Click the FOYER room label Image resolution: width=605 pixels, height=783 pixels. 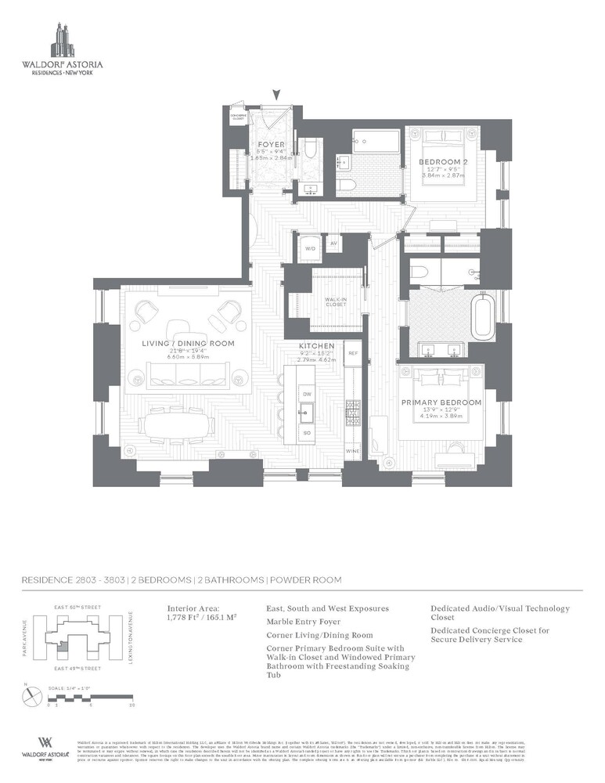point(272,145)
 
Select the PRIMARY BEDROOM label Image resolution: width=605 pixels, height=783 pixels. point(442,402)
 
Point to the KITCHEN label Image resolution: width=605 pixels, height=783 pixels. point(316,345)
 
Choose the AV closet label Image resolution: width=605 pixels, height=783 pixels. point(333,244)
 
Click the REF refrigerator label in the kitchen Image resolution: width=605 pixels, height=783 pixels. point(352,354)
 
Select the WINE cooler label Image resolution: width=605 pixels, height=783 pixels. point(352,452)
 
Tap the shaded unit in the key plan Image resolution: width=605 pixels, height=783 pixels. point(59,647)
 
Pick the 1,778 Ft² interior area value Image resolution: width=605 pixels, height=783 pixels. point(185,617)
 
